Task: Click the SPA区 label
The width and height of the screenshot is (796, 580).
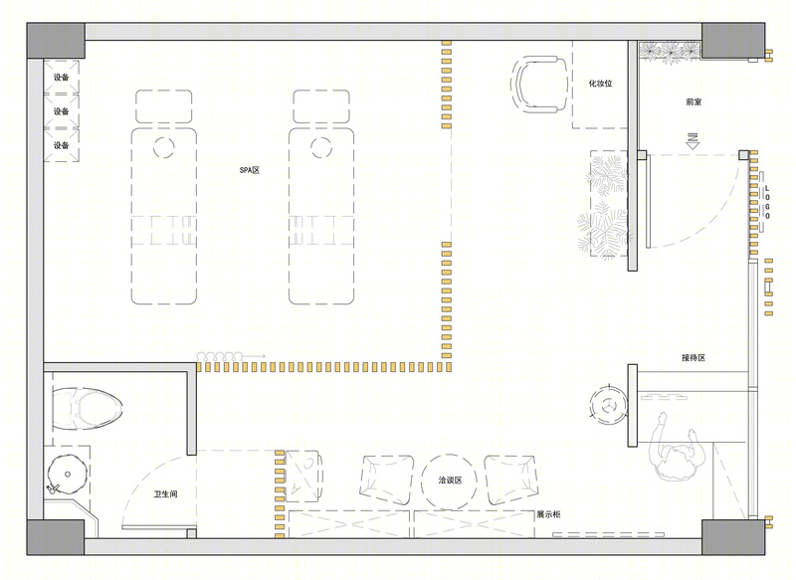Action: [x=250, y=170]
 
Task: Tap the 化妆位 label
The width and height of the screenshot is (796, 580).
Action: [x=600, y=84]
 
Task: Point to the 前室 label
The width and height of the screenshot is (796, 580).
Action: [x=693, y=102]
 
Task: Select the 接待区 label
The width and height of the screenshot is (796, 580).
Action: [x=694, y=358]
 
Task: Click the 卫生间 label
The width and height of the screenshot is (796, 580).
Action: [x=165, y=493]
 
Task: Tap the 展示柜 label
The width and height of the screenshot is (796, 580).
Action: [x=549, y=514]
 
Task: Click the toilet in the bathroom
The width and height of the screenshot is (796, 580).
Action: [x=87, y=409]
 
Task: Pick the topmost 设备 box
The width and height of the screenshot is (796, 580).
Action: [x=62, y=77]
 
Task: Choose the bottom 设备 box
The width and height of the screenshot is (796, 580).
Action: [x=62, y=145]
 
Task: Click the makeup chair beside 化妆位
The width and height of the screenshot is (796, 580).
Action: [x=539, y=84]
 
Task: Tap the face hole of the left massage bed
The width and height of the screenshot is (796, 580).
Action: [x=164, y=147]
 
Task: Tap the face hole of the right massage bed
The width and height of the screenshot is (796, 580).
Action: [x=320, y=147]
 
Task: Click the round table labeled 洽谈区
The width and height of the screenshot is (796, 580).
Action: [x=449, y=481]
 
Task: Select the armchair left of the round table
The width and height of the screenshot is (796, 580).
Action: [x=387, y=481]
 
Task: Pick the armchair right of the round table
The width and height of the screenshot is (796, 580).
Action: [x=510, y=481]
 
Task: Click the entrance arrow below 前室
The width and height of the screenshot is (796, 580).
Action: [x=693, y=140]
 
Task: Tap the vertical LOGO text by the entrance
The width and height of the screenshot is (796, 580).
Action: [x=767, y=202]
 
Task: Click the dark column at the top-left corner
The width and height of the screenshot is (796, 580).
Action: [x=56, y=41]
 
